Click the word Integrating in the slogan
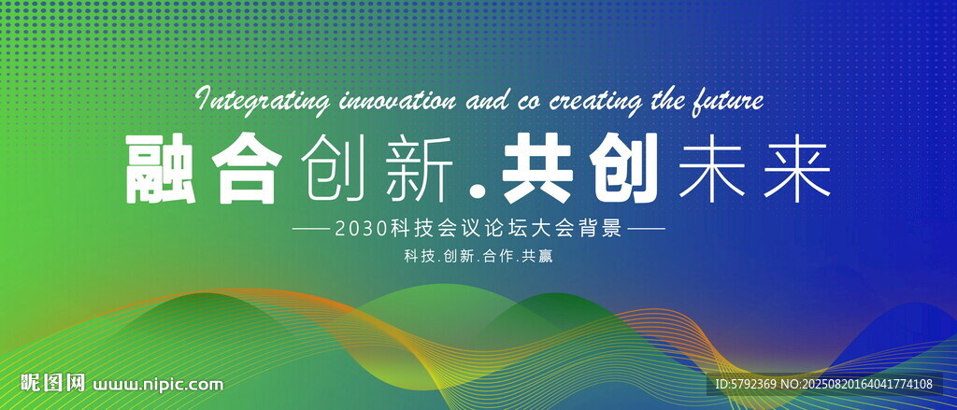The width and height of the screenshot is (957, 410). (x=263, y=101)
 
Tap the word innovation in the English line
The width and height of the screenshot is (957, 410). (x=396, y=99)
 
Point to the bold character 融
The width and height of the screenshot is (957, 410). (x=161, y=168)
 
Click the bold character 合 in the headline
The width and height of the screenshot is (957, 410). (x=247, y=168)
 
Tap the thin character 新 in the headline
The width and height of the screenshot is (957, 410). (x=418, y=168)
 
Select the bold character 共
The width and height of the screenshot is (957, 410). (x=536, y=168)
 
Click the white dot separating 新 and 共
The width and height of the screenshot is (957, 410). (x=479, y=192)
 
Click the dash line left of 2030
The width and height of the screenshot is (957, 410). (x=310, y=230)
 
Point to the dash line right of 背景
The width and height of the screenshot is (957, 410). (x=647, y=230)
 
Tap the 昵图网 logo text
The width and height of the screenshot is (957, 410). (x=52, y=383)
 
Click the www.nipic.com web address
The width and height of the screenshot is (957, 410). (x=157, y=385)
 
